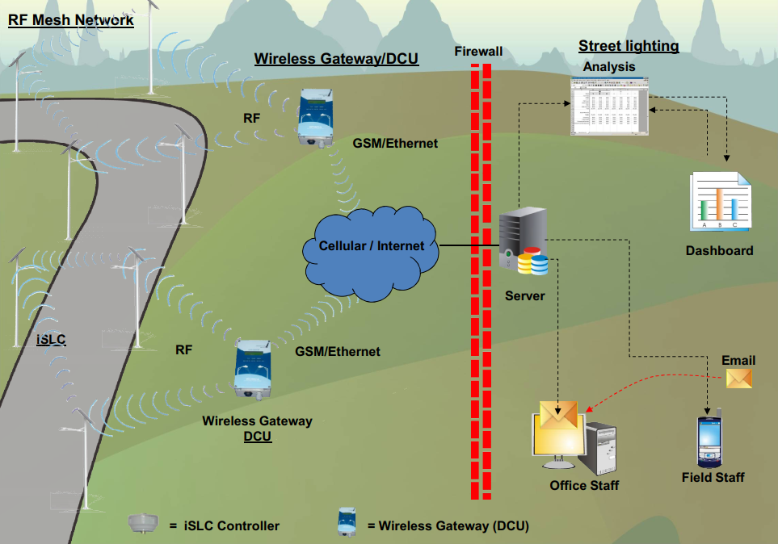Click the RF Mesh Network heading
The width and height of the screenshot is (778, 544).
(x=71, y=20)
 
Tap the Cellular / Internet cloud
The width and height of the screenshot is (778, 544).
(x=371, y=246)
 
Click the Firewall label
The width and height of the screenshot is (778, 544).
(x=478, y=52)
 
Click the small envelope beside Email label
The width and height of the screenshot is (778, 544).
(x=739, y=379)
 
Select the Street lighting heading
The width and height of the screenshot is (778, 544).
(x=629, y=46)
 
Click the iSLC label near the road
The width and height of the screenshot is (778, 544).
(x=52, y=339)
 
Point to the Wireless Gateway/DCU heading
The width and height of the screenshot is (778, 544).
(x=336, y=59)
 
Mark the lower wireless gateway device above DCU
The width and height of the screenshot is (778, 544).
(x=253, y=368)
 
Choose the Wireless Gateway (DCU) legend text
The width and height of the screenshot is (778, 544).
(x=448, y=526)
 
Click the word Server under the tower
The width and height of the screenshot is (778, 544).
(x=525, y=296)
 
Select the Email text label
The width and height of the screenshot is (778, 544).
(x=738, y=360)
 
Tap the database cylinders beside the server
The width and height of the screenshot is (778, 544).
(x=533, y=261)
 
